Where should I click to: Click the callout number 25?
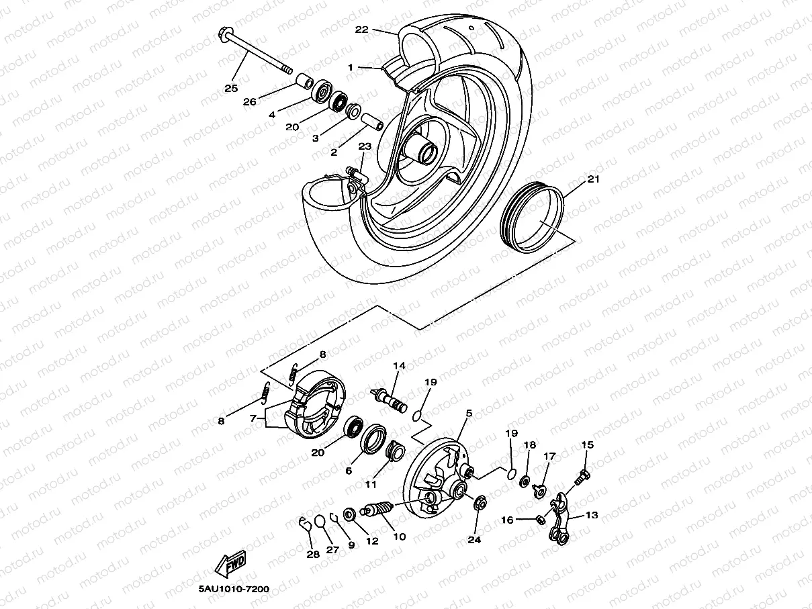coord(231,88)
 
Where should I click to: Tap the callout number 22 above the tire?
coord(362,30)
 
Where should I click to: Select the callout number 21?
coord(593,179)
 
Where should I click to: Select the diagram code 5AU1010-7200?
coord(234,590)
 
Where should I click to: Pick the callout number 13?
coord(591,515)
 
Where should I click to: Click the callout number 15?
coord(588,444)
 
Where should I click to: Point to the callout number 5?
coord(469,414)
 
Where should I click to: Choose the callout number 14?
coord(400,366)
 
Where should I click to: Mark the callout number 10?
coord(399,536)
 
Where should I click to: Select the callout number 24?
coord(475,539)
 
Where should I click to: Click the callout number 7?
coord(253,418)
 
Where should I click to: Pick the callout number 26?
coord(250,102)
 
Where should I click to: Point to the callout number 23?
coord(365,146)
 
